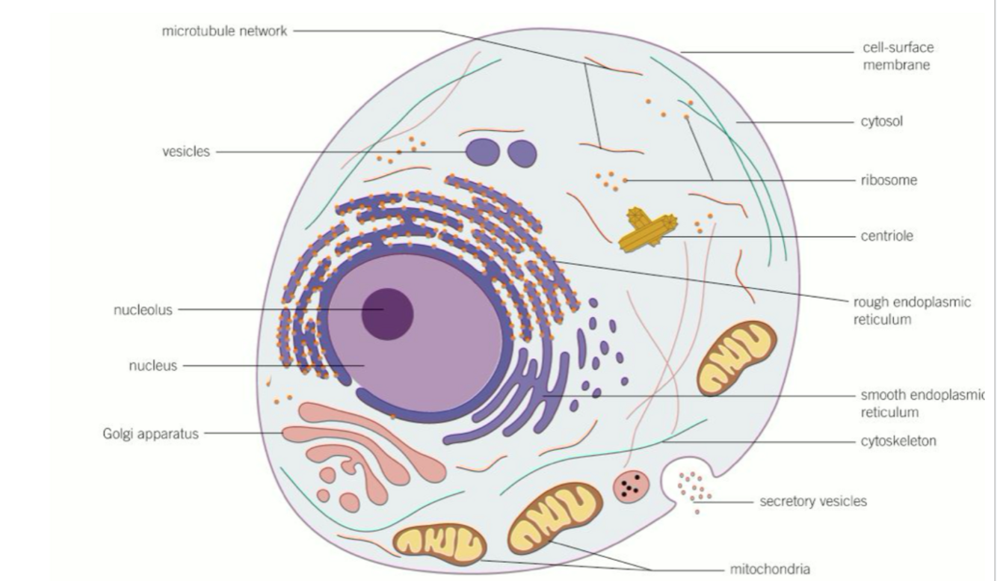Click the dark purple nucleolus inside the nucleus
tap(387, 313)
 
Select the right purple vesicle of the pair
tap(522, 153)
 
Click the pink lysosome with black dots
tap(632, 487)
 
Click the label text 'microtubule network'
tap(224, 31)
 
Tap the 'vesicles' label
tap(186, 152)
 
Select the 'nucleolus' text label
tap(143, 310)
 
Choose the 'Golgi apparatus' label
tap(150, 433)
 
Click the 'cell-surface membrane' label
tap(898, 56)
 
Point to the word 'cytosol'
tap(883, 120)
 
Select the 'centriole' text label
tap(888, 236)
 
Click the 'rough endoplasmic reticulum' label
tap(912, 310)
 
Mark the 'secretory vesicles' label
tap(813, 501)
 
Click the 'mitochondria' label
tap(770, 569)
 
